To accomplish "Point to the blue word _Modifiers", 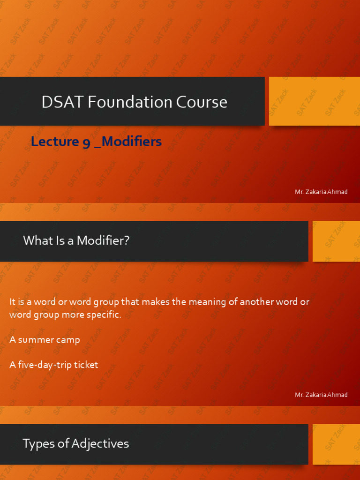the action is (x=128, y=142).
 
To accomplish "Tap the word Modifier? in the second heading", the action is (x=103, y=240).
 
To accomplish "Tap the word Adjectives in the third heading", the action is (x=100, y=444).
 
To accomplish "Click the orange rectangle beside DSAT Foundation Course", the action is (x=315, y=101).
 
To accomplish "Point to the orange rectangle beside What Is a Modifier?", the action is (x=336, y=241).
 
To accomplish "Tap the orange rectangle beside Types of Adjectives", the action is (x=336, y=444).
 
